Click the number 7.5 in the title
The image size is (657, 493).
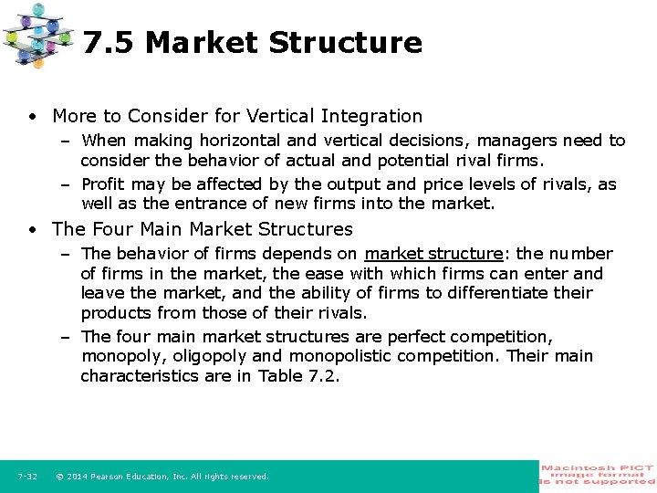109,43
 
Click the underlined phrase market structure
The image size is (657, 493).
433,254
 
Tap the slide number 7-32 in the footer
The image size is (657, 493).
26,477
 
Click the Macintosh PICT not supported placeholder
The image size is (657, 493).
598,475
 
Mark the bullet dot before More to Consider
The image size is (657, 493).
32,117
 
